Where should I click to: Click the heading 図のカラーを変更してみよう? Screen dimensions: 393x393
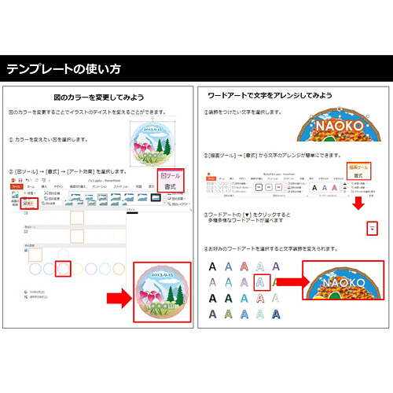(98, 97)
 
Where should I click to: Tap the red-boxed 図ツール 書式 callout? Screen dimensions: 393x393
(171, 182)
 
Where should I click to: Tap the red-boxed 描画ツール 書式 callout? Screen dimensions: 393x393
(358, 172)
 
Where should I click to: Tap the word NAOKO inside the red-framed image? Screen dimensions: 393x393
(344, 281)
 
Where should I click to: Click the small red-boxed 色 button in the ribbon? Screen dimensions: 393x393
(29, 203)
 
